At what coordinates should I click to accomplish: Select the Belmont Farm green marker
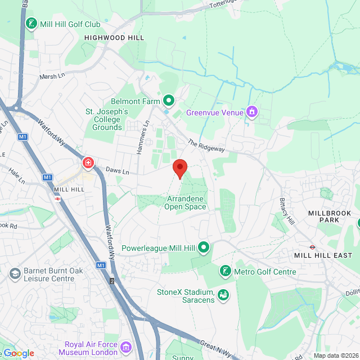(x=168, y=101)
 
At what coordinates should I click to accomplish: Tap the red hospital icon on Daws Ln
(x=88, y=163)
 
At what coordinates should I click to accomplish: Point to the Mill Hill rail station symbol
(x=57, y=199)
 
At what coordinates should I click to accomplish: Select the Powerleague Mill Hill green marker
(x=204, y=246)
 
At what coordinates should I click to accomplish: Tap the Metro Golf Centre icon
(x=226, y=272)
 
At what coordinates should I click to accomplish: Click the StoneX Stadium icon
(x=223, y=294)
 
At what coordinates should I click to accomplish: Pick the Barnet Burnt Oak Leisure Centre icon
(x=15, y=274)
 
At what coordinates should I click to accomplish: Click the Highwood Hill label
(x=114, y=37)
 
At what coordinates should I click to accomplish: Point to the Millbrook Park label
(x=330, y=217)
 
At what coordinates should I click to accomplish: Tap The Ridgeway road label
(x=206, y=146)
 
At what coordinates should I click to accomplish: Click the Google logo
(x=19, y=353)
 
